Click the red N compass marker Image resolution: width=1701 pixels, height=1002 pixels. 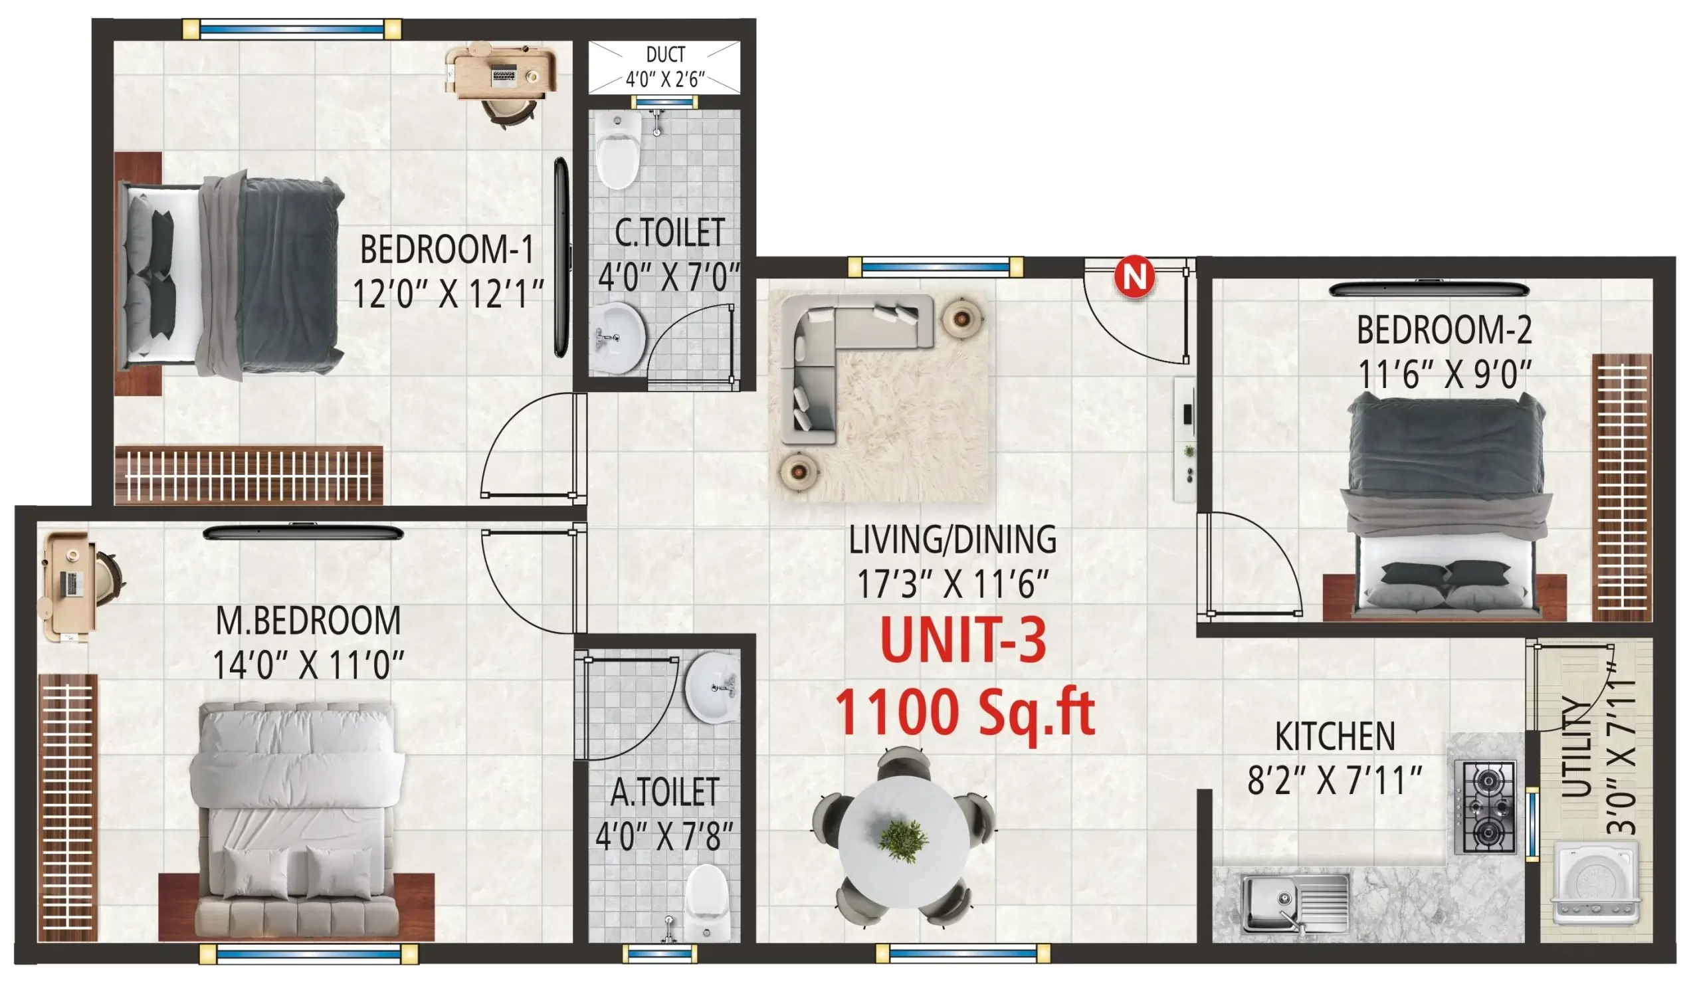click(1134, 276)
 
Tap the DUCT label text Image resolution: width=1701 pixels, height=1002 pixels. click(665, 54)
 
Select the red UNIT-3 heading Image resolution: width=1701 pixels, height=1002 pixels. click(963, 640)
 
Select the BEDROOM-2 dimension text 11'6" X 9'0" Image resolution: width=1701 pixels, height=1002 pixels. click(1445, 374)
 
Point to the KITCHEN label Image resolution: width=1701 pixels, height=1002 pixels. click(1334, 737)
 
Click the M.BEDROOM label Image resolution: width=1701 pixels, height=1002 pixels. click(308, 621)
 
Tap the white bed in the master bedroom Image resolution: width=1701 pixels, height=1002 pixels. click(297, 817)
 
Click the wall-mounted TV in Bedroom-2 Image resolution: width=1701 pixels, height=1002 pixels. click(1429, 289)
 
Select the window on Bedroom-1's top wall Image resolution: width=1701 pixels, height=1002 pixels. click(292, 29)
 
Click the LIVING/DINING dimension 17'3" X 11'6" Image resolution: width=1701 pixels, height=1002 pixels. click(951, 583)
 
